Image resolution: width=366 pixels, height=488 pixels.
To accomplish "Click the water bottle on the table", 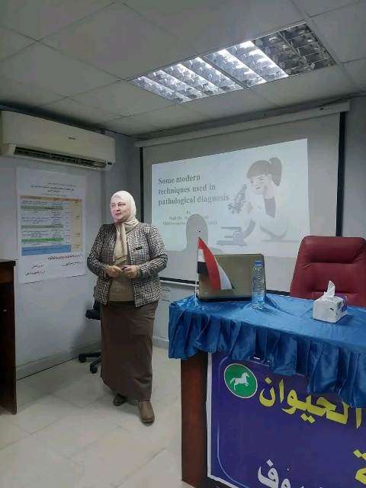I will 258,285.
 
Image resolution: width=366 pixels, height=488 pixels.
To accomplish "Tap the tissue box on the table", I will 329,307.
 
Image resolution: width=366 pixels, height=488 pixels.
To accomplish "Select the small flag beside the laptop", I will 212,265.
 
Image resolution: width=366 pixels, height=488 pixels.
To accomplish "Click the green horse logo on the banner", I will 240,380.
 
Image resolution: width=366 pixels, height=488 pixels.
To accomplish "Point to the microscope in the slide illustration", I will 238,199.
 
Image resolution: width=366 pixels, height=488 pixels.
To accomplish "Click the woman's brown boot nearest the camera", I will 146,412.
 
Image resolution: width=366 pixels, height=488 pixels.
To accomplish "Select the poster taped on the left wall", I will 51,224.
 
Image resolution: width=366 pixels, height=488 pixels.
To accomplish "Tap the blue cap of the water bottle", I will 258,264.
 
